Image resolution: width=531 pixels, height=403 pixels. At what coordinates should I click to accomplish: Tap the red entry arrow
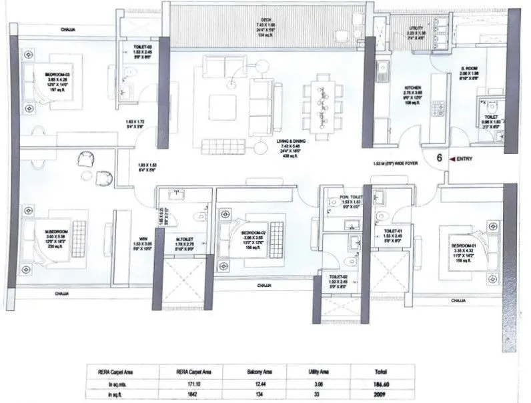pyautogui.click(x=453, y=159)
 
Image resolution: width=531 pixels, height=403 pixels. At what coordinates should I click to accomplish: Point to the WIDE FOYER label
pyautogui.click(x=400, y=163)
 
